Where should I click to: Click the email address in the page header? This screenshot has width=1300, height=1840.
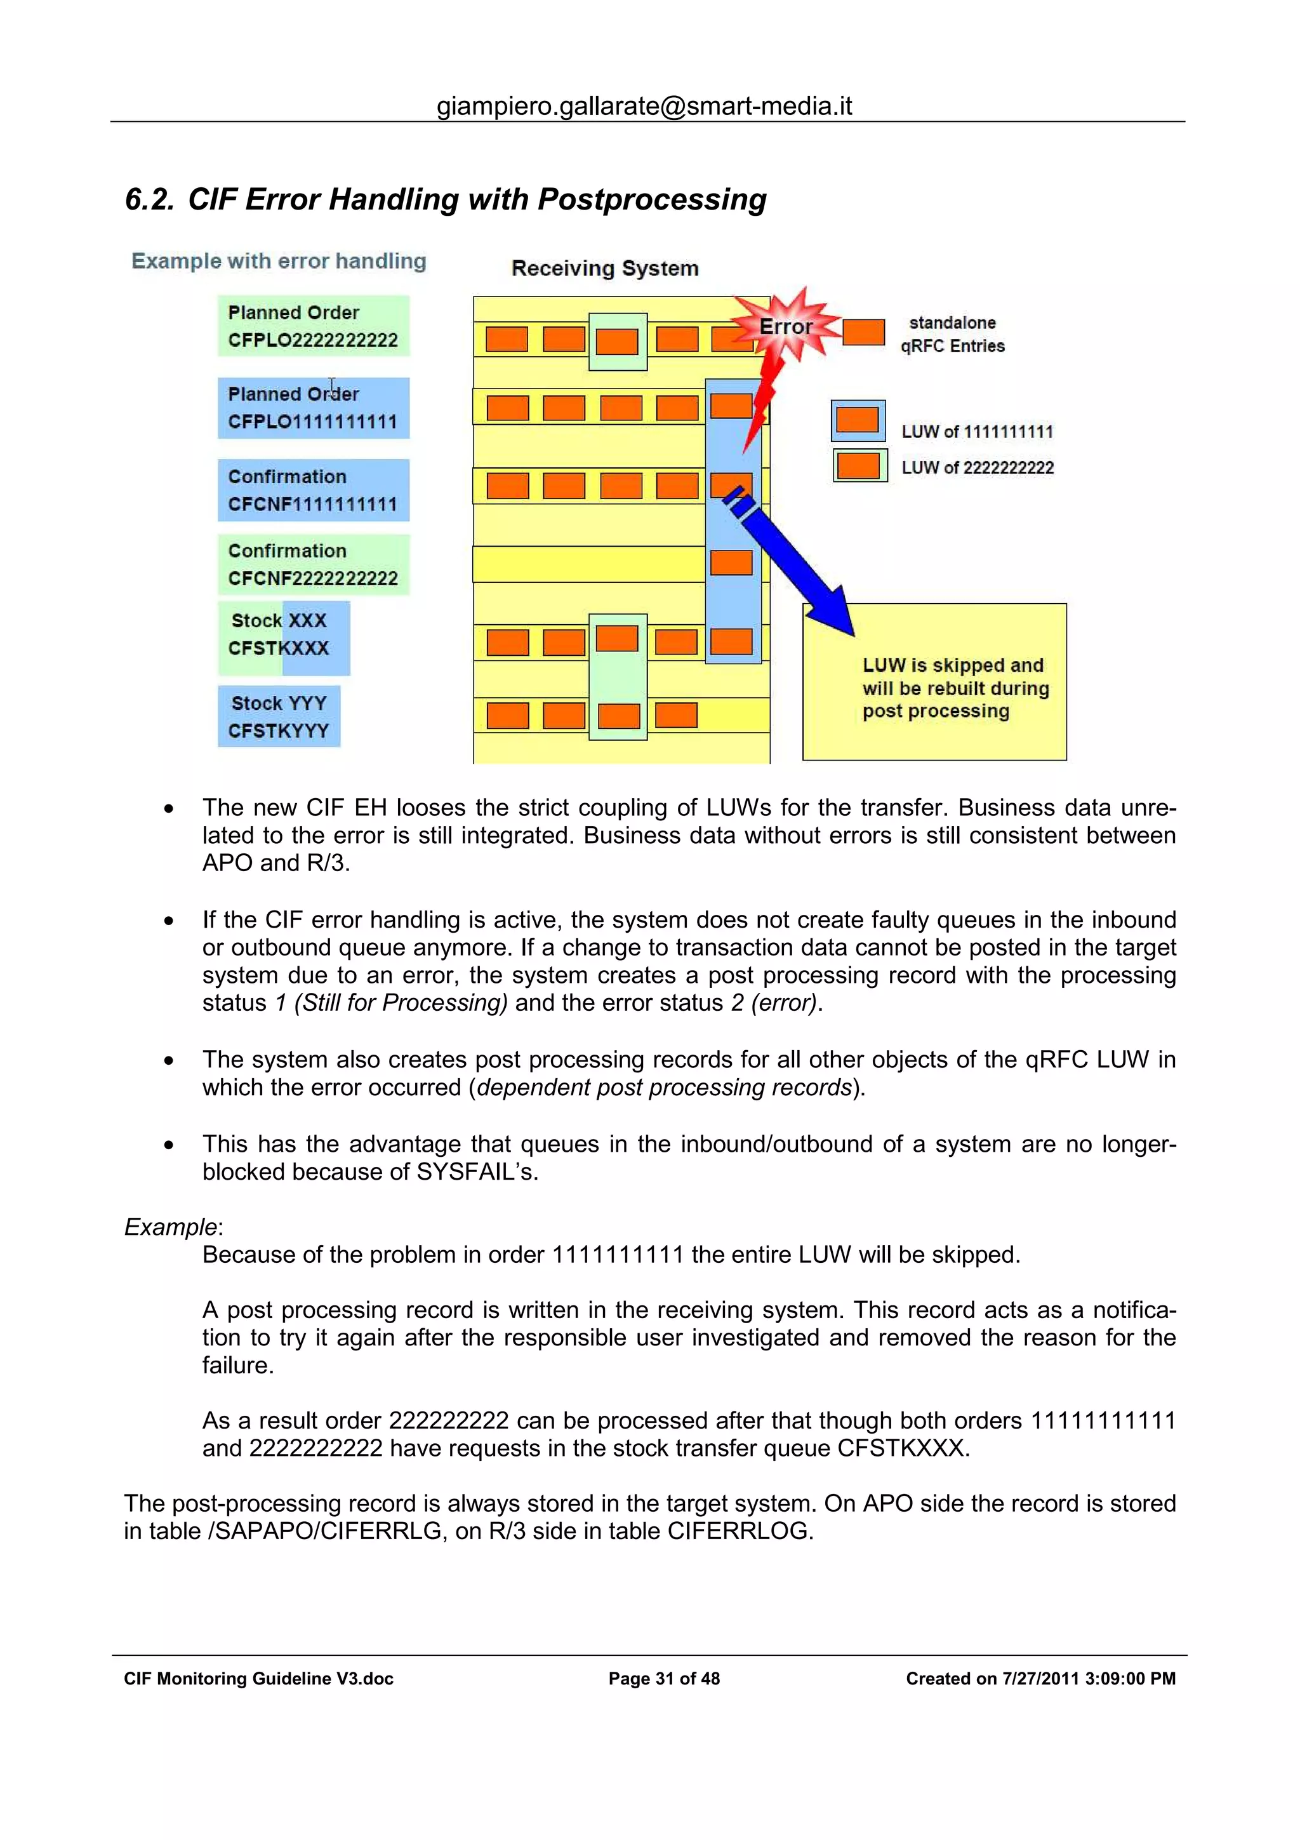click(644, 106)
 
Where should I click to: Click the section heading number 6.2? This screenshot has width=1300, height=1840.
click(149, 199)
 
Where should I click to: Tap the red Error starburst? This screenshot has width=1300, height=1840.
click(786, 326)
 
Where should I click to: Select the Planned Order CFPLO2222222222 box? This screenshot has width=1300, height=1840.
click(313, 326)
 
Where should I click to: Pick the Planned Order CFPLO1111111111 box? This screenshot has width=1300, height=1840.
click(313, 408)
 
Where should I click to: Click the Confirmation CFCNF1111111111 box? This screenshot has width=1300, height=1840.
click(313, 490)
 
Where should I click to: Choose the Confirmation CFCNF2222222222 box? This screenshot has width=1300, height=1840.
click(313, 564)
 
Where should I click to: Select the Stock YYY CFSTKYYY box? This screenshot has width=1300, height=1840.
click(279, 716)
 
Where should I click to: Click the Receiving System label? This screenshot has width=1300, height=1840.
click(605, 269)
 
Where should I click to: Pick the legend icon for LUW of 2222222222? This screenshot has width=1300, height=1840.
click(859, 465)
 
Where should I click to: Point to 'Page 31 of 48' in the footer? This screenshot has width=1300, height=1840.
click(664, 1678)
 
